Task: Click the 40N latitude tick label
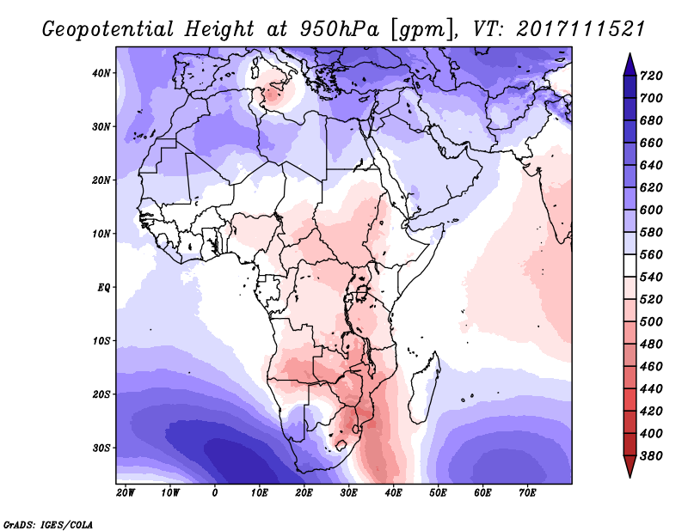[101, 73]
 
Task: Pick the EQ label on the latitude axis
[103, 287]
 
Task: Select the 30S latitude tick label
[101, 448]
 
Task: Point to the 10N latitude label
[101, 234]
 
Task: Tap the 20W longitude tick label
[126, 493]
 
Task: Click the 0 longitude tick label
[215, 493]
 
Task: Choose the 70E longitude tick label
[527, 493]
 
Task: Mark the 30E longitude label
[348, 493]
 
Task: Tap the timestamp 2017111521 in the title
[581, 29]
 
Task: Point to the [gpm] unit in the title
[420, 29]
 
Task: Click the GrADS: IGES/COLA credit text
[47, 523]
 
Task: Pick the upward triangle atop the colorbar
[630, 63]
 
